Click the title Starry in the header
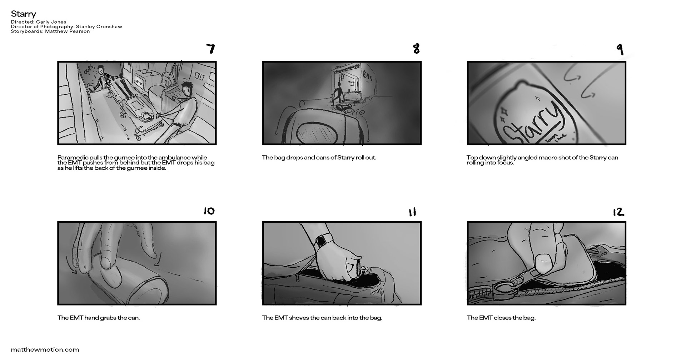click(23, 14)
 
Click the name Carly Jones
click(51, 22)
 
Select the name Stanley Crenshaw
click(99, 26)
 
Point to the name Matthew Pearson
click(68, 31)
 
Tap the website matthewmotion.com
click(45, 349)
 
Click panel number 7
click(211, 49)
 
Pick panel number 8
click(416, 49)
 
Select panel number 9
click(620, 49)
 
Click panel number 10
click(209, 211)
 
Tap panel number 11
click(412, 212)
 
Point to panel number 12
click(618, 212)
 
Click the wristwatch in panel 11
click(324, 239)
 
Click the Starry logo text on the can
click(532, 123)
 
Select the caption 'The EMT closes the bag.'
click(501, 318)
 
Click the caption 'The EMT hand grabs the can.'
click(99, 318)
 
